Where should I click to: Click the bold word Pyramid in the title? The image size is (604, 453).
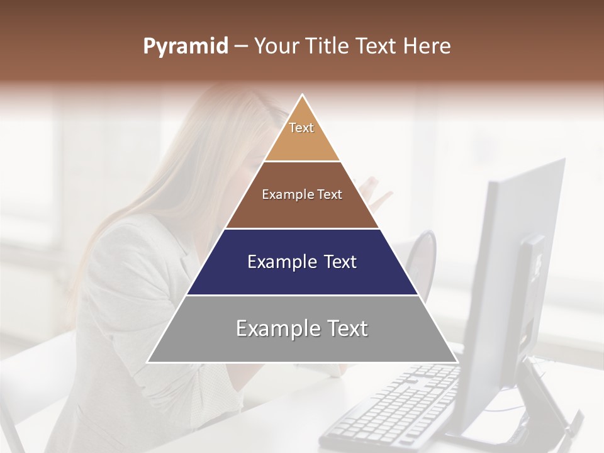point(185,47)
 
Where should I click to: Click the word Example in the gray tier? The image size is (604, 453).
point(274,328)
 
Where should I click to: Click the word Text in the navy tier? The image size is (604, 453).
point(337,262)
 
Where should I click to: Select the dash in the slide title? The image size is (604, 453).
point(241,47)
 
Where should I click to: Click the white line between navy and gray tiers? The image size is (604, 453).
point(302,295)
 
